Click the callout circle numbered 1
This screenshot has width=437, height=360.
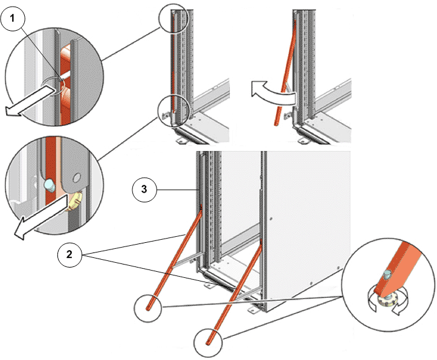coord(13,18)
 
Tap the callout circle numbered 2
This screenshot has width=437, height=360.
coord(70,254)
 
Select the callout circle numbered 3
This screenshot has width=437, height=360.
coord(144,190)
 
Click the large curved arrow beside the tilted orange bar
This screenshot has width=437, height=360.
coord(272,93)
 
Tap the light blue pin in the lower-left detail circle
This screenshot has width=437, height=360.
coord(49,185)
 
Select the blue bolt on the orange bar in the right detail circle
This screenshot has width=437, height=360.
coord(387,275)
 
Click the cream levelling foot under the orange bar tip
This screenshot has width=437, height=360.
coord(387,301)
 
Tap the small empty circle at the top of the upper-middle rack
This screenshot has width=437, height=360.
coord(173,18)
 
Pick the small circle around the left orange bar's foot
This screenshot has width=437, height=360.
coord(147,308)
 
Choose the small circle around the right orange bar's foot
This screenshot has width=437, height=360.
coord(208,342)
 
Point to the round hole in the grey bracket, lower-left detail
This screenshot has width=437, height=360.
coord(76,178)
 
